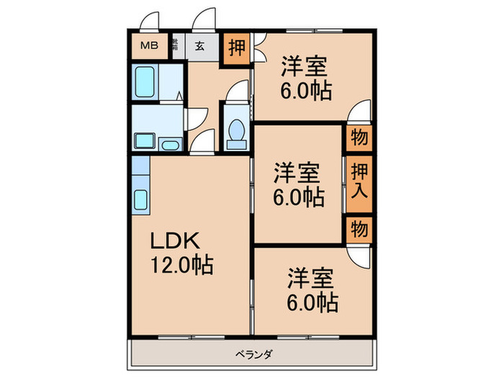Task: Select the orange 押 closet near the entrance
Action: [235, 50]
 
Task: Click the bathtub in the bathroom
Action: [145, 84]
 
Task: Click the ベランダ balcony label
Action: [252, 354]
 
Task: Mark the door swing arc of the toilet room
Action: [235, 94]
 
